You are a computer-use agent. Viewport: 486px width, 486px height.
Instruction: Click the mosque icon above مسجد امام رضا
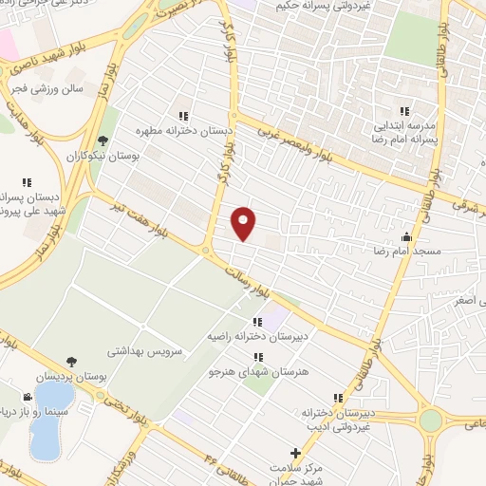tap(408, 237)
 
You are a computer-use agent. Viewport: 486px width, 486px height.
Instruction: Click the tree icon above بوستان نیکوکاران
tap(103, 140)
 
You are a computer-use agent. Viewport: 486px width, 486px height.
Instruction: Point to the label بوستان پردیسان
tap(73, 377)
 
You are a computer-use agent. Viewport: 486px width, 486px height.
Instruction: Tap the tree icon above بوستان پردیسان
tap(72, 362)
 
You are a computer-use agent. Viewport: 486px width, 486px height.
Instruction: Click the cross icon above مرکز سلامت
tap(295, 455)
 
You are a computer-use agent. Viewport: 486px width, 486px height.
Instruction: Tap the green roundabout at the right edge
tap(432, 420)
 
